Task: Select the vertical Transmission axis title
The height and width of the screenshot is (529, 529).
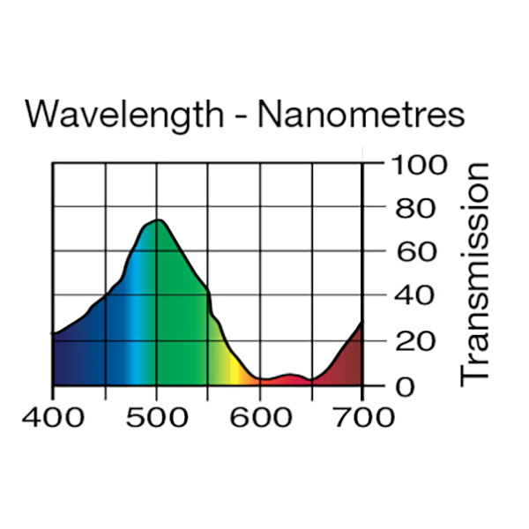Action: point(476,273)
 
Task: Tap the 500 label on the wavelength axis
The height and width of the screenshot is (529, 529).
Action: point(156,416)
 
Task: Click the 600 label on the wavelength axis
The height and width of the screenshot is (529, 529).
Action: point(260,416)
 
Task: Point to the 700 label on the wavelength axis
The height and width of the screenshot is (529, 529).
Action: point(363,416)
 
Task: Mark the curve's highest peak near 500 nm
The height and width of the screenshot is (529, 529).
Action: point(158,220)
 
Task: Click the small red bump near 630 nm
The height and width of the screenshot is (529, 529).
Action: point(290,376)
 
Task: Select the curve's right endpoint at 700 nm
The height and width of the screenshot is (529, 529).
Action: point(361,324)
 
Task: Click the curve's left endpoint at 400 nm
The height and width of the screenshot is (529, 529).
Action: point(54,333)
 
